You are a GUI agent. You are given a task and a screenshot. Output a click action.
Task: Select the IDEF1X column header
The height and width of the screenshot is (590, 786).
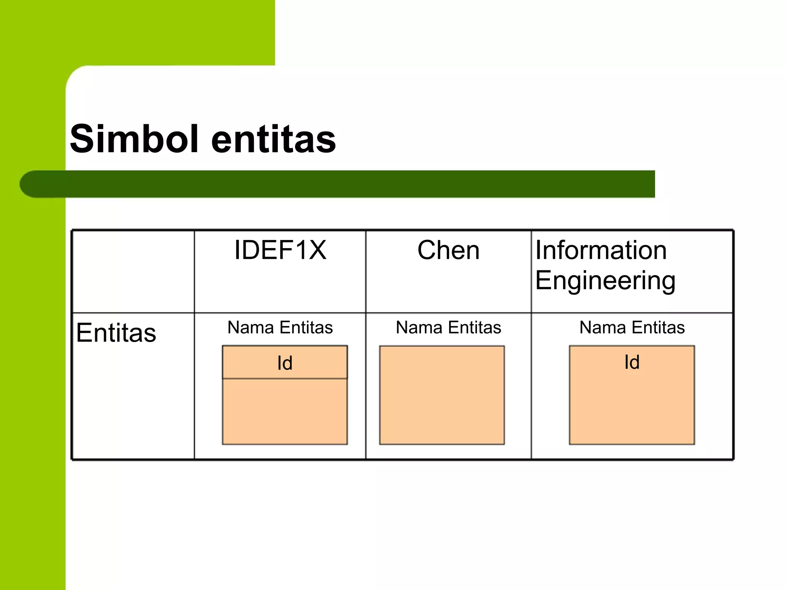pos(280,250)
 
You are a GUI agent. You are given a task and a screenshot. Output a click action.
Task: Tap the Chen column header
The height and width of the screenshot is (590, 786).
pos(448,250)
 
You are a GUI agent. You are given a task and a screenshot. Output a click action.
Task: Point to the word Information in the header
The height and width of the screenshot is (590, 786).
pos(601,250)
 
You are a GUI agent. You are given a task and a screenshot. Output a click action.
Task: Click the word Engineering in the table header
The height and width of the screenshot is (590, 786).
pos(605,280)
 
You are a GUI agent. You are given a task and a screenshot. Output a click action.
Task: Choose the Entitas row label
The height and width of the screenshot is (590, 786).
pos(116,333)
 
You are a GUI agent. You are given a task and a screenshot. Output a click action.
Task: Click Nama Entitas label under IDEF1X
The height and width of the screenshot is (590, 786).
pos(280,328)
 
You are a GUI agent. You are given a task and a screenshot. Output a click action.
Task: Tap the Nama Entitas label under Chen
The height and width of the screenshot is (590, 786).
pos(448,328)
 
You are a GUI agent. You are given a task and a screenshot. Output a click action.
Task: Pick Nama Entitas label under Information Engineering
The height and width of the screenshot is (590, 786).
pos(632,328)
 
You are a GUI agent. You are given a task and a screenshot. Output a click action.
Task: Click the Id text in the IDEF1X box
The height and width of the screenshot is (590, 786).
pos(285,363)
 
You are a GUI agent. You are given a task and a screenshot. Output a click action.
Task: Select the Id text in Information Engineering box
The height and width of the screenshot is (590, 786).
pos(632,362)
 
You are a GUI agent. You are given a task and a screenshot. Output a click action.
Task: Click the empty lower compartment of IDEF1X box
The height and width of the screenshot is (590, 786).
pos(285,411)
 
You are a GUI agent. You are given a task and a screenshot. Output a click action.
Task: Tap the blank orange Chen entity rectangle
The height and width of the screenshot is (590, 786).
pos(442,395)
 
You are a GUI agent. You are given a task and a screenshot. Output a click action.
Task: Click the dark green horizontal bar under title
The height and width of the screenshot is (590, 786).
pos(345,184)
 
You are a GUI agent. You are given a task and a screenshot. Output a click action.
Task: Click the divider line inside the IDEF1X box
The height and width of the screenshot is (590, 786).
pos(285,379)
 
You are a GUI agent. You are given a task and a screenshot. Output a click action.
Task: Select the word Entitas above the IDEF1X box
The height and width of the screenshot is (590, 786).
pos(306,328)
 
